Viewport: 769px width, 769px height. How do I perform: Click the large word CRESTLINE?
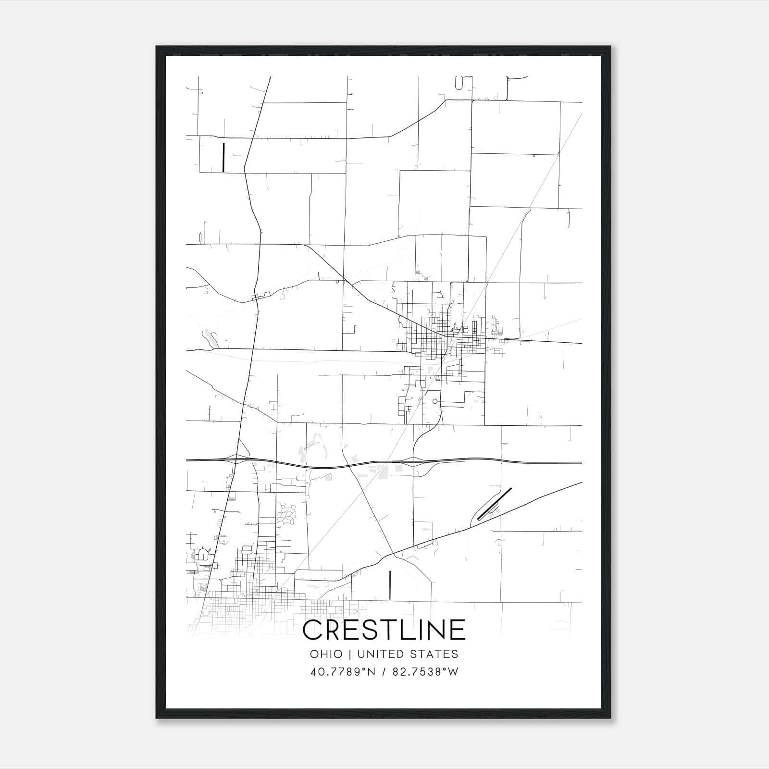pyautogui.click(x=384, y=630)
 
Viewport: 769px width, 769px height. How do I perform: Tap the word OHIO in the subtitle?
pyautogui.click(x=326, y=654)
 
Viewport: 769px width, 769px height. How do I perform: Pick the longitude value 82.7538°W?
pyautogui.click(x=425, y=671)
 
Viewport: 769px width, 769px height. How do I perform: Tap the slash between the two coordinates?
pyautogui.click(x=383, y=671)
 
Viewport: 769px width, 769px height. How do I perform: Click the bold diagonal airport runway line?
pyautogui.click(x=494, y=504)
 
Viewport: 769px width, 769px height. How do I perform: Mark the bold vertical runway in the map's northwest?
pyautogui.click(x=223, y=157)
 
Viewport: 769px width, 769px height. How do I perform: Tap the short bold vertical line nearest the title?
pyautogui.click(x=390, y=585)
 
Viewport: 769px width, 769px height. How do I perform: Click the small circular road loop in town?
pyautogui.click(x=435, y=401)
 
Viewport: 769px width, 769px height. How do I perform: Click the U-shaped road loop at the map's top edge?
pyautogui.click(x=459, y=84)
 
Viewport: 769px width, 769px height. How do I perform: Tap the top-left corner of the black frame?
pyautogui.click(x=157, y=47)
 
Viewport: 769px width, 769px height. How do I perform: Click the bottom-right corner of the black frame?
pyautogui.click(x=610, y=718)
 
